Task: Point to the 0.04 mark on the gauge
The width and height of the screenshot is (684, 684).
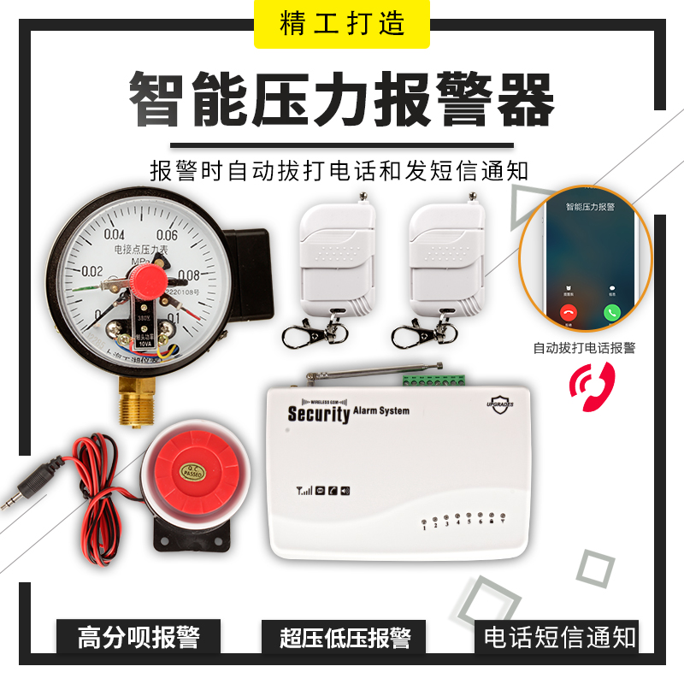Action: click(114, 235)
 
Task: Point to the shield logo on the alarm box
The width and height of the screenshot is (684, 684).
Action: click(499, 402)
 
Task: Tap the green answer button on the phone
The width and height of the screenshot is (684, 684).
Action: click(611, 312)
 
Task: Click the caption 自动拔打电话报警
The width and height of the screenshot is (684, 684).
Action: click(585, 348)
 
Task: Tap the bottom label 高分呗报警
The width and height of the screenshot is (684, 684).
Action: click(139, 638)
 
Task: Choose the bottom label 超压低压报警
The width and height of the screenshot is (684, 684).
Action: click(345, 638)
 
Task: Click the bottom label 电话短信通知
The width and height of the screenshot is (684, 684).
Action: click(560, 638)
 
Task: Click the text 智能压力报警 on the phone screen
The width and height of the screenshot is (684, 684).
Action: click(589, 208)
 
